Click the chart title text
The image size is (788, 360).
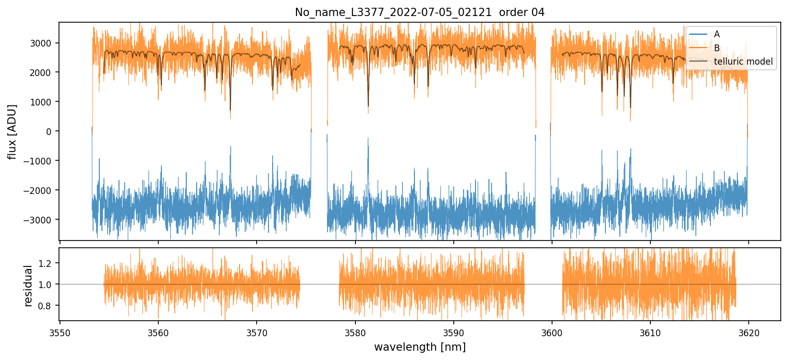[420, 12]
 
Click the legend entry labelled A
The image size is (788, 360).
[717, 34]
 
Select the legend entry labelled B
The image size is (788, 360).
[717, 48]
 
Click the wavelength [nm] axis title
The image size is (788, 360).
[420, 347]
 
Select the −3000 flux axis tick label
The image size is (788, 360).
[41, 220]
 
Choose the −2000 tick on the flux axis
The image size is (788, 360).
[41, 190]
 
